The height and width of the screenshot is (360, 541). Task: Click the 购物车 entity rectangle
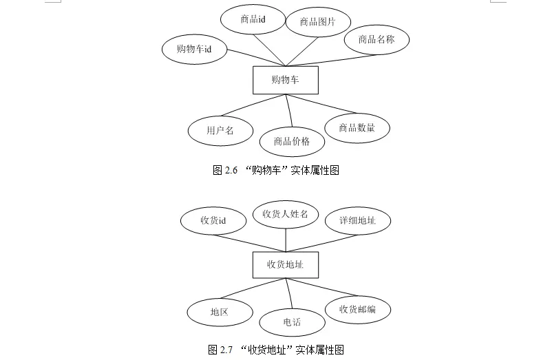pyautogui.click(x=285, y=80)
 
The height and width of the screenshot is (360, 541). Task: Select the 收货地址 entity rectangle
pyautogui.click(x=285, y=264)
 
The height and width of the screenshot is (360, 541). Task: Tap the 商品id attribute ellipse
pyautogui.click(x=253, y=19)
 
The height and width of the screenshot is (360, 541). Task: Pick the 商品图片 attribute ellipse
pyautogui.click(x=317, y=22)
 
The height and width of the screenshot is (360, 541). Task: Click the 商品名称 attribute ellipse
pyautogui.click(x=376, y=39)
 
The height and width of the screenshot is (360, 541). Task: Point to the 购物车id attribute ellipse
pyautogui.click(x=194, y=49)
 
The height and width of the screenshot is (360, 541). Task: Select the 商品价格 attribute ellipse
pyautogui.click(x=292, y=142)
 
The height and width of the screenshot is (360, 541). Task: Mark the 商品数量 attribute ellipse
pyautogui.click(x=357, y=128)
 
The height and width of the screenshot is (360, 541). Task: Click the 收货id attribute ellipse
pyautogui.click(x=213, y=220)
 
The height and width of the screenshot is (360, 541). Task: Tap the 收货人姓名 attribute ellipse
pyautogui.click(x=285, y=214)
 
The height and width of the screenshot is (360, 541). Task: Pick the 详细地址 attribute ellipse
pyautogui.click(x=357, y=220)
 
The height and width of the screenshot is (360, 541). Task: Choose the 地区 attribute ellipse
pyautogui.click(x=220, y=312)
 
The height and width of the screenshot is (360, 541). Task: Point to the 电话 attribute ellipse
pyautogui.click(x=292, y=322)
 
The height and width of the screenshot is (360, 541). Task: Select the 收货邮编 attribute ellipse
pyautogui.click(x=357, y=309)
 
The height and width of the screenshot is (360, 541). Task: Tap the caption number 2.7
pyautogui.click(x=226, y=350)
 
